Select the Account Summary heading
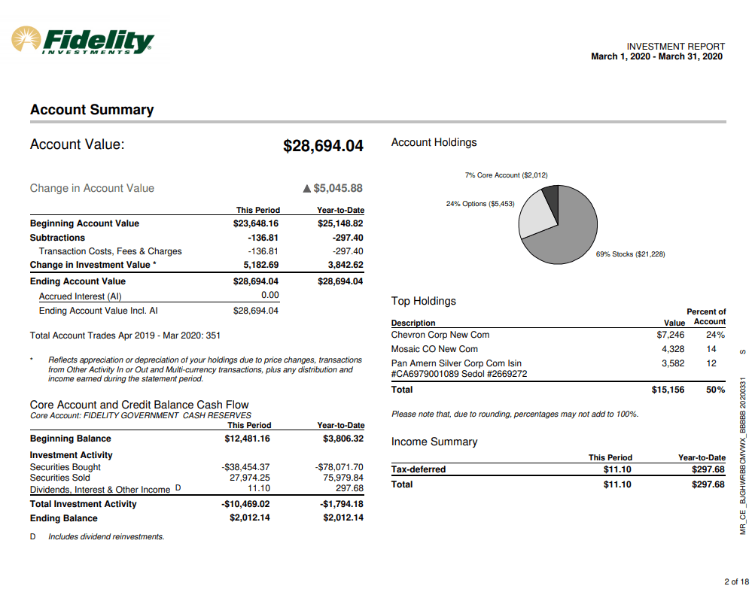92,110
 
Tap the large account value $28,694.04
323,146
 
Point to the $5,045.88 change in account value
338,188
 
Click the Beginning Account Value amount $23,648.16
256,223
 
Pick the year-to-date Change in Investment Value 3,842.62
345,265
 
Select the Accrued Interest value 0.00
269,296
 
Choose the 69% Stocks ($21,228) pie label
630,254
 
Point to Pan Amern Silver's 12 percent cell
711,363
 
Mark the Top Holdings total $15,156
668,390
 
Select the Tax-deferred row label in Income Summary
419,469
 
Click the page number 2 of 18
736,581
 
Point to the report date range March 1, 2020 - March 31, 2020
656,56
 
